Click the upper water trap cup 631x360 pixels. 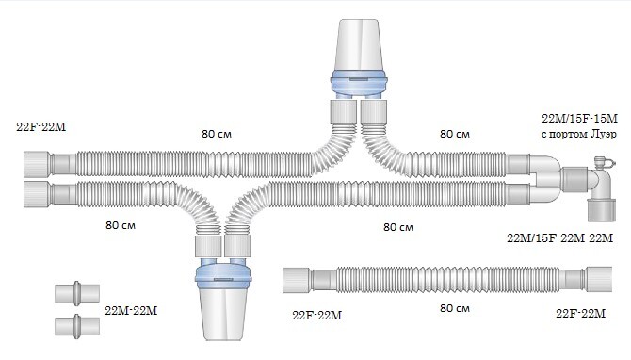pyautogui.click(x=359, y=45)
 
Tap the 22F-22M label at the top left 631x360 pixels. pyautogui.click(x=41, y=127)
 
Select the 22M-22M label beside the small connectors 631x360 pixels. pyautogui.click(x=131, y=311)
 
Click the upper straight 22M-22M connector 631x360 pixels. pyautogui.click(x=77, y=293)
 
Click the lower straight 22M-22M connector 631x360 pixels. pyautogui.click(x=77, y=326)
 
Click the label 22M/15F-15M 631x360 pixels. pyautogui.click(x=579, y=119)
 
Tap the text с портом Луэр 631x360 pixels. pyautogui.click(x=578, y=134)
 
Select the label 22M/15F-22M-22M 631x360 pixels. pyautogui.click(x=559, y=238)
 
